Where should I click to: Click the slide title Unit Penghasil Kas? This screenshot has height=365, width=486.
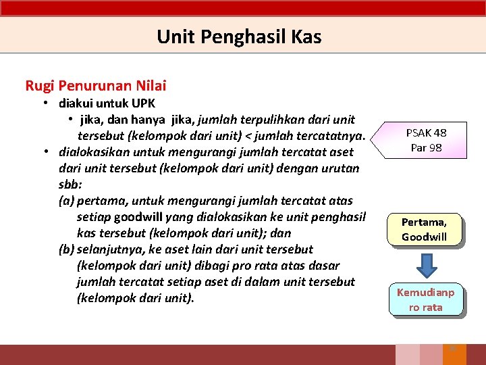tap(239, 36)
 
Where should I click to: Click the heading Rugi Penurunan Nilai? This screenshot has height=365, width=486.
tap(95, 86)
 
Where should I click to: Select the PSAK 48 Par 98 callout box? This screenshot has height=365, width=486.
tap(427, 140)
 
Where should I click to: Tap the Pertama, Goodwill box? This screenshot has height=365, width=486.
tap(424, 229)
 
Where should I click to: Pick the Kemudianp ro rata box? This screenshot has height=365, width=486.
tap(425, 299)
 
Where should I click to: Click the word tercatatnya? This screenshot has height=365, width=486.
tap(332, 136)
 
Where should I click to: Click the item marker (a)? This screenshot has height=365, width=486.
tap(67, 201)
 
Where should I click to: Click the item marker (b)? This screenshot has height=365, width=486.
tap(67, 249)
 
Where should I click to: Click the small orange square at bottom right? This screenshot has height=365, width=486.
tap(453, 349)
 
